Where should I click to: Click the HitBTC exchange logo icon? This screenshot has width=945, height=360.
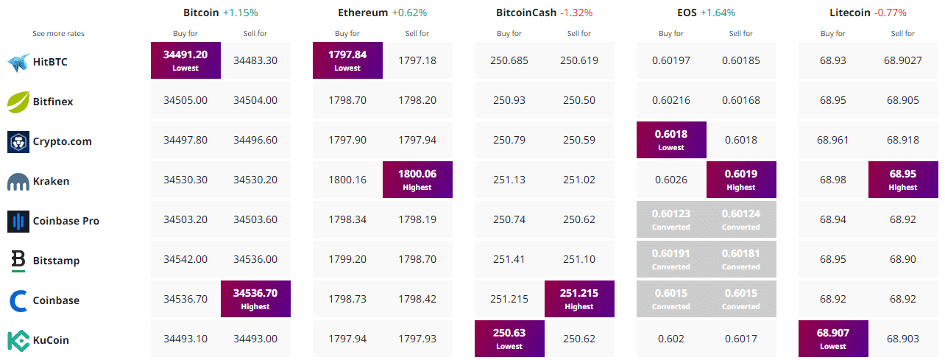pos(18,62)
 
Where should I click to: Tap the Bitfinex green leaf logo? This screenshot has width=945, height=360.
pos(18,102)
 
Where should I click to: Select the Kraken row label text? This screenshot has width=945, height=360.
pos(51,181)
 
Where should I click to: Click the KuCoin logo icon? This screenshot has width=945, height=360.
pos(18,340)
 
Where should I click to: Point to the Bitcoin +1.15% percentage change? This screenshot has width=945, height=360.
pos(241,13)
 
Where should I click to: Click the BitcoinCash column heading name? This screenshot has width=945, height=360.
pos(526,13)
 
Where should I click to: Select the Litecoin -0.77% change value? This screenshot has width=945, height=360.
pos(891,13)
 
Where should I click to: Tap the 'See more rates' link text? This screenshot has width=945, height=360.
pos(59,34)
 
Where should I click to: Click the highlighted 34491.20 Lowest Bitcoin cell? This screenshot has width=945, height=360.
pos(185,60)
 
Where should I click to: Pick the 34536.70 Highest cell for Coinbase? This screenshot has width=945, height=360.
pos(255,299)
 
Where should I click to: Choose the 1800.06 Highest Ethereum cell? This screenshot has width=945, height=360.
pos(417,180)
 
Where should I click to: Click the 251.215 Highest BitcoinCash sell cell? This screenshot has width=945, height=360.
pos(579,299)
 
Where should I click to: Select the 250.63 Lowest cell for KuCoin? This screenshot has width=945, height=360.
pos(509,339)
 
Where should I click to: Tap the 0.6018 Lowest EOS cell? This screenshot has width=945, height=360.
pos(671,140)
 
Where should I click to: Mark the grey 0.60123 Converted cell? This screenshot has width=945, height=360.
pos(671,219)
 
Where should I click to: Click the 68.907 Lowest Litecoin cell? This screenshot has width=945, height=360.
pos(833,339)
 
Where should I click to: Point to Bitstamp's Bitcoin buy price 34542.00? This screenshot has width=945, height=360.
pos(185,260)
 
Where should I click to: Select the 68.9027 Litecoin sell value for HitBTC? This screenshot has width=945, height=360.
pos(903,61)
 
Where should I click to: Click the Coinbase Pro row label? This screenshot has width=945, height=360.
pos(66,221)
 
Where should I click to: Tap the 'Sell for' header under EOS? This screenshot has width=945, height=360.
pos(741,34)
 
